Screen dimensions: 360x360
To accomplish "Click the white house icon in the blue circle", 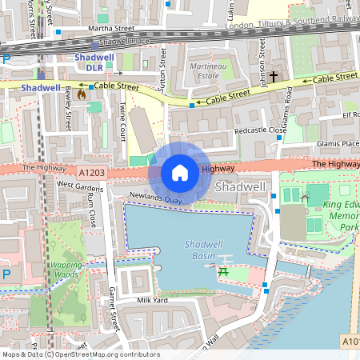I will (x=180, y=172).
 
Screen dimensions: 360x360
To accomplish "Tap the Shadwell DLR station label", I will (x=95, y=62).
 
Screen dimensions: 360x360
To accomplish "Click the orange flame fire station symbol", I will (x=82, y=94).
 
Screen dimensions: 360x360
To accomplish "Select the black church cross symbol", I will (x=274, y=77).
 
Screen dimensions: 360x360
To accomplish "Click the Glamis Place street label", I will (x=338, y=144).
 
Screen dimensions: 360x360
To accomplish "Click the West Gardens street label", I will (x=79, y=185).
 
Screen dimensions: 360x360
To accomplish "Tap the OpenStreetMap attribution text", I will (x=80, y=354).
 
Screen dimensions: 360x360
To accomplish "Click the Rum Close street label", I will (x=91, y=207).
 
